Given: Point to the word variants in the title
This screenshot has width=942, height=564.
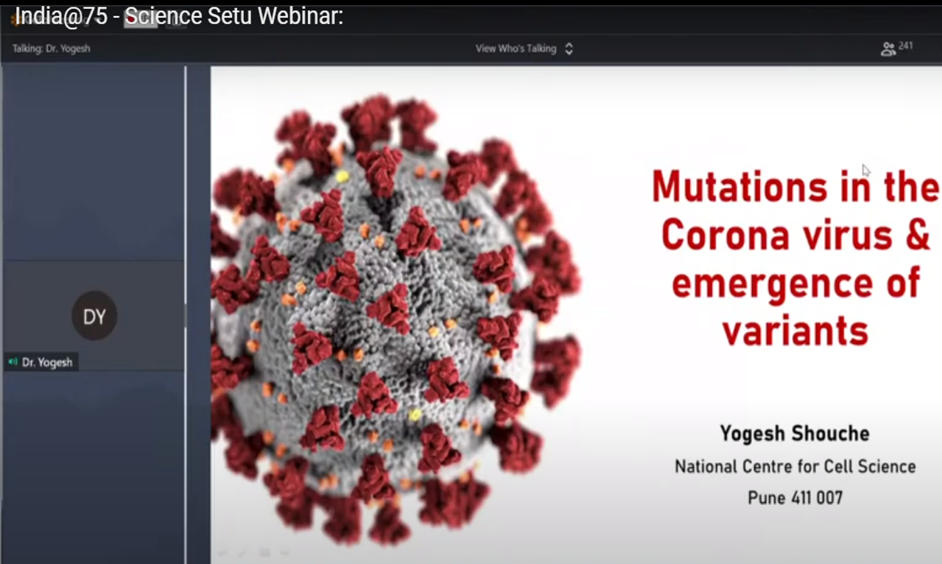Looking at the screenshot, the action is [795, 331].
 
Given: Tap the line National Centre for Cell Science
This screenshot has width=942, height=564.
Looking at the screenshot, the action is [795, 467].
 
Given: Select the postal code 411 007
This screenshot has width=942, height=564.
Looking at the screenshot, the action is [817, 498].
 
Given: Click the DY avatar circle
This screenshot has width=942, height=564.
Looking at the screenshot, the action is [94, 316].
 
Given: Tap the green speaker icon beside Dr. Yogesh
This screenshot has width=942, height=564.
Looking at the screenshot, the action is [13, 362].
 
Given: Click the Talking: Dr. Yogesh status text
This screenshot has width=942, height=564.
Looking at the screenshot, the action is [51, 49].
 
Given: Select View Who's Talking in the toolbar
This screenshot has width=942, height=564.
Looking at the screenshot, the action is [516, 49].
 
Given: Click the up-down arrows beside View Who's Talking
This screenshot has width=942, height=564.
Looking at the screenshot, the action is [569, 49].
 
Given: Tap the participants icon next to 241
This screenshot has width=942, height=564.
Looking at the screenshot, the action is [887, 49].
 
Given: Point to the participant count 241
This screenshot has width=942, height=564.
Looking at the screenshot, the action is [905, 46].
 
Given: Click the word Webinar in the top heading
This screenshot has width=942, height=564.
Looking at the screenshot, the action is [300, 16].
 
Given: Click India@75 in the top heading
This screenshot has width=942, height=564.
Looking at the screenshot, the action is [61, 17].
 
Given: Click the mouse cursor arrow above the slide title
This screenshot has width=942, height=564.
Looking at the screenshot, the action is [866, 170].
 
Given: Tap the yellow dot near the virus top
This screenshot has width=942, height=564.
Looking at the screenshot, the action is [342, 176].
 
